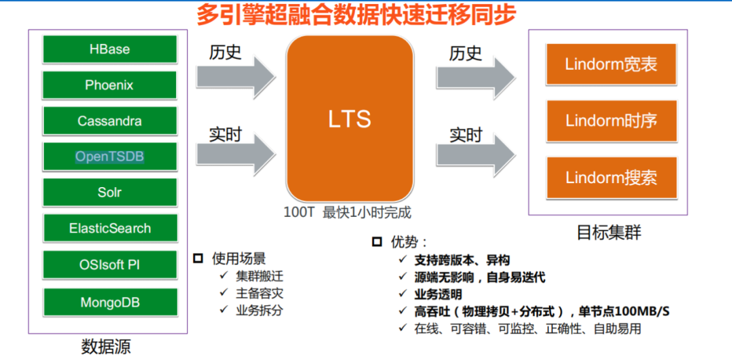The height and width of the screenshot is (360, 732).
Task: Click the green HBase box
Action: click(x=110, y=49)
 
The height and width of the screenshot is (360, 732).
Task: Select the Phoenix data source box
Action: click(x=110, y=85)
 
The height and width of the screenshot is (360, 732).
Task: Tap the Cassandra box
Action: click(x=110, y=121)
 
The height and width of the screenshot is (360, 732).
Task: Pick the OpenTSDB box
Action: click(x=110, y=157)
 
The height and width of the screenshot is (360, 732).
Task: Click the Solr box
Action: click(x=110, y=193)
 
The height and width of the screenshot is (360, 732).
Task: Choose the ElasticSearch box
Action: click(x=110, y=228)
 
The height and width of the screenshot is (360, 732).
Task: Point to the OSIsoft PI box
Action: click(x=110, y=264)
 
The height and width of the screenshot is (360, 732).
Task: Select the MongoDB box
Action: click(x=110, y=302)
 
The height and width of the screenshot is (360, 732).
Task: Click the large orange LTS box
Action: click(x=350, y=119)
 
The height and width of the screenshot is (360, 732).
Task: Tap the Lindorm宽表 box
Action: click(x=611, y=64)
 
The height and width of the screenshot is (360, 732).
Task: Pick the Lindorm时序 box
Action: click(x=611, y=121)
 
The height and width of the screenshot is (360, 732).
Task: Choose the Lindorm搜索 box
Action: click(x=611, y=178)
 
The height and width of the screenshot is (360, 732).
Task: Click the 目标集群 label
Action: click(x=609, y=233)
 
